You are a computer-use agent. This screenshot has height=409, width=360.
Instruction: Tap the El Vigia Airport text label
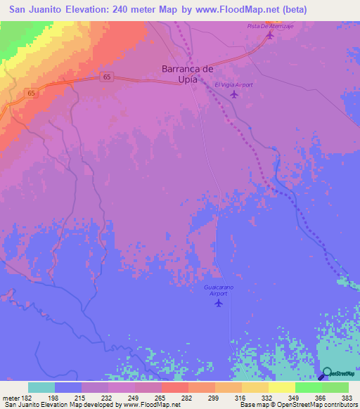coord(233,84)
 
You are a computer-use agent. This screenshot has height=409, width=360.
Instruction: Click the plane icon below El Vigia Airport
coord(234,94)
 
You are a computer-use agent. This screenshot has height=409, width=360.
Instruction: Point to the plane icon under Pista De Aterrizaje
coord(269,35)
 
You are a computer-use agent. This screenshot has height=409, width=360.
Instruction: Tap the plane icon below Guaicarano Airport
coord(219,304)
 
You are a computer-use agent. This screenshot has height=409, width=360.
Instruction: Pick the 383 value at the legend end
coord(345,397)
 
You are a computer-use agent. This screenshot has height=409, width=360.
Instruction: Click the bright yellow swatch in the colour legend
coord(282,387)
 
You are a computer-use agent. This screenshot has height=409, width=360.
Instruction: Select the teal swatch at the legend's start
coord(41,387)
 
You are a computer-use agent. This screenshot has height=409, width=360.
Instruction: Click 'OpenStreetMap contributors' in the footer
coord(312,405)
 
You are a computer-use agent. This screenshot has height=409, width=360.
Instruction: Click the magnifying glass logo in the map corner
coord(326,373)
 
